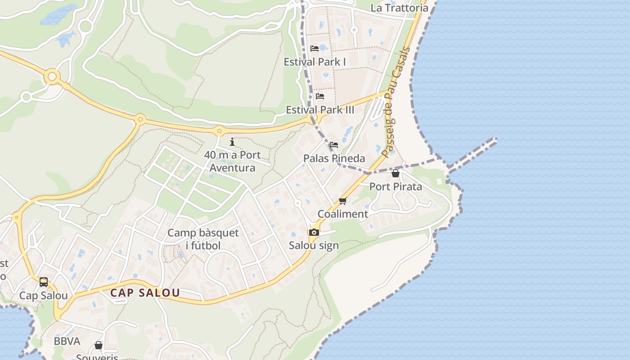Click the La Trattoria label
coord(399,8)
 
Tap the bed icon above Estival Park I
coord(315,49)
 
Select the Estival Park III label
coord(320,110)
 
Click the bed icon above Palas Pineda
coord(334,145)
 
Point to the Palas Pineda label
coord(334,158)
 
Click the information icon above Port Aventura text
coord(232,142)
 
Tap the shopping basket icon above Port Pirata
coord(396,173)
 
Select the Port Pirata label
coord(396,187)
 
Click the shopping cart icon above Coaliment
coord(343,201)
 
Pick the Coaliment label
coord(343,214)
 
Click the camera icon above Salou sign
coord(314,232)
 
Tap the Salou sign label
coord(314,246)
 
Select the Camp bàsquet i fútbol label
coord(203,239)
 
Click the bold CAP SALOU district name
coord(145,293)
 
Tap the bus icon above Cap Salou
coord(44,282)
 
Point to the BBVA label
coord(67,342)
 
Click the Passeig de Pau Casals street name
coord(396,102)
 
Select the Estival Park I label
coord(315,62)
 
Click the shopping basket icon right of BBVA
coord(99,345)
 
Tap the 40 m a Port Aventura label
coord(232,162)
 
